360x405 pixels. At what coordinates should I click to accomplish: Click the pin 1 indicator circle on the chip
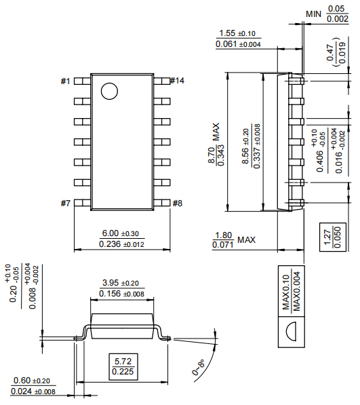[108, 91]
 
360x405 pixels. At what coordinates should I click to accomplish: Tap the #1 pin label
[65, 81]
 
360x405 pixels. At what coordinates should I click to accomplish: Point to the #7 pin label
[65, 204]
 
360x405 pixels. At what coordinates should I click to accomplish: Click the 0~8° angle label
[199, 367]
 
